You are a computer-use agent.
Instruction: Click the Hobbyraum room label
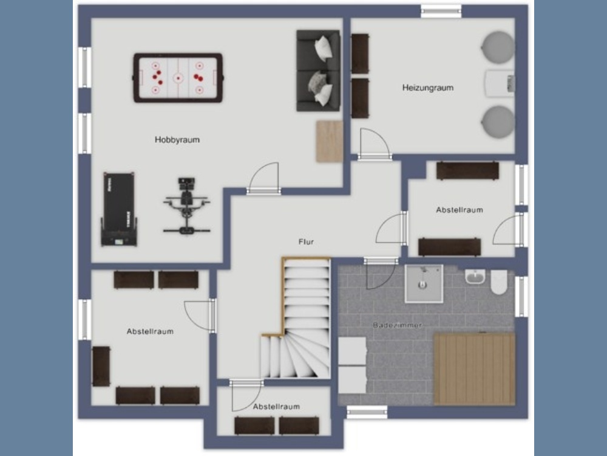[x=177, y=140]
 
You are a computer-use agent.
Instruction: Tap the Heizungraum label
[x=428, y=88]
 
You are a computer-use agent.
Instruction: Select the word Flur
[x=306, y=241]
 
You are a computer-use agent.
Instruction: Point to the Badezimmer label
[x=397, y=325]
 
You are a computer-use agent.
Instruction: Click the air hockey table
[x=178, y=78]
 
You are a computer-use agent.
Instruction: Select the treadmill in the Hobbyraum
[x=119, y=209]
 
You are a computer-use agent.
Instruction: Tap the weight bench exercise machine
[x=186, y=206]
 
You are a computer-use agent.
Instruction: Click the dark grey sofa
[x=318, y=71]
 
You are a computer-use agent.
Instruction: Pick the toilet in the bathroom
[x=499, y=282]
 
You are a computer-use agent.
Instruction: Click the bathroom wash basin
[x=475, y=277]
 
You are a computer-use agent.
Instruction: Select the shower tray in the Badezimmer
[x=424, y=283]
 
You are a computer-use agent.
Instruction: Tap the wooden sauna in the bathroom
[x=474, y=369]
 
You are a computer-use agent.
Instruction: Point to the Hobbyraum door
[x=264, y=178]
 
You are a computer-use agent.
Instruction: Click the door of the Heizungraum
[x=375, y=144]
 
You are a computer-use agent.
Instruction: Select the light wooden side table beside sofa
[x=330, y=141]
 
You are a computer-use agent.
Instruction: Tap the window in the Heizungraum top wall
[x=441, y=11]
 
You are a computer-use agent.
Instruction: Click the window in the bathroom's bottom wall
[x=367, y=412]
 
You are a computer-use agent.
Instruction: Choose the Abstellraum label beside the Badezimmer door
[x=459, y=210]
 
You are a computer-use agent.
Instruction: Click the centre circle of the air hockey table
[x=178, y=78]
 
